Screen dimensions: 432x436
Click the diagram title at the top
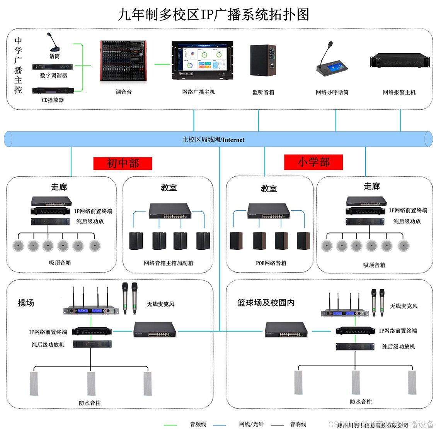[x=213, y=15]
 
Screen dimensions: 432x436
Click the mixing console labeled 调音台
[x=124, y=61]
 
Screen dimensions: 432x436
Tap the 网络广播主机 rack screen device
[x=202, y=61]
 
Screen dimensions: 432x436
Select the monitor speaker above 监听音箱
[x=263, y=61]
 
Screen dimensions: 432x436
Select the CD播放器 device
[x=53, y=90]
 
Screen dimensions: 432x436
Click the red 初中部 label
[x=123, y=163]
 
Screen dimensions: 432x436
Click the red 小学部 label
[x=313, y=162]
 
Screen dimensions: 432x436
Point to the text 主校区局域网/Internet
[x=213, y=140]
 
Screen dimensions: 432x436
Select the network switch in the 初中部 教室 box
[x=170, y=211]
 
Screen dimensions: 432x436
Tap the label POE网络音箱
[x=271, y=263]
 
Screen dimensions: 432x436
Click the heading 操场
[x=26, y=303]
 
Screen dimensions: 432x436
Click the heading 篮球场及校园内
[x=266, y=303]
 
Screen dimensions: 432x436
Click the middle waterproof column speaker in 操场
[x=91, y=383]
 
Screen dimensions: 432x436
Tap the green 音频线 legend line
[x=170, y=425]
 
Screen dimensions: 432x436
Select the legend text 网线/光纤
[x=251, y=424]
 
